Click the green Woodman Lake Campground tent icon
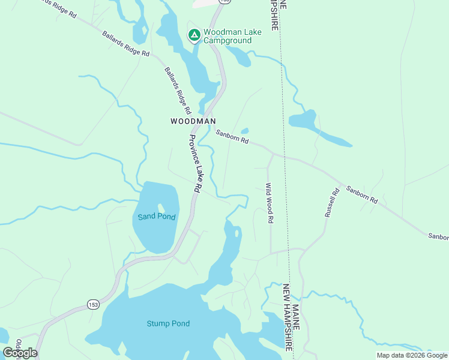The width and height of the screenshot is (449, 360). [x=194, y=35]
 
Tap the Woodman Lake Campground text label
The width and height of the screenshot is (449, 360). [x=227, y=36]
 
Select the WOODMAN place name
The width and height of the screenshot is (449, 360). [x=193, y=121]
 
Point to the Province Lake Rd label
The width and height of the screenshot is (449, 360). [x=194, y=163]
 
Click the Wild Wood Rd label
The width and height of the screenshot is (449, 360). [x=270, y=203]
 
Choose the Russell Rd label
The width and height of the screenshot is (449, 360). [x=332, y=202]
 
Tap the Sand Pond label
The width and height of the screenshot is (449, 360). [x=156, y=217]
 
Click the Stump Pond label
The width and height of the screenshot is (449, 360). [x=168, y=324]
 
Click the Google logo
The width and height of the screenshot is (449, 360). [x=20, y=353]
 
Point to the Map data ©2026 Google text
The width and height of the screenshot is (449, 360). [x=412, y=355]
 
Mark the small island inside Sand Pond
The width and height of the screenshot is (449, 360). [x=161, y=208]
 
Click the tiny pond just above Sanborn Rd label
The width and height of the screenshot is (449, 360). [x=244, y=131]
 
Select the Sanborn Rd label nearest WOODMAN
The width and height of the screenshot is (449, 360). [x=232, y=138]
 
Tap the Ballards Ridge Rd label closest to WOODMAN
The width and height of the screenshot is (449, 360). [x=178, y=90]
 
